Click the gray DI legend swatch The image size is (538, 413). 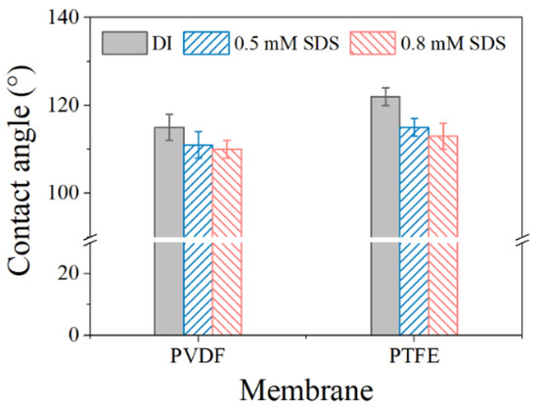coord(120,43)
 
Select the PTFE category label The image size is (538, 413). coord(413,355)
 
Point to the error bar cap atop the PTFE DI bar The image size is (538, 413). coord(384,88)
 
